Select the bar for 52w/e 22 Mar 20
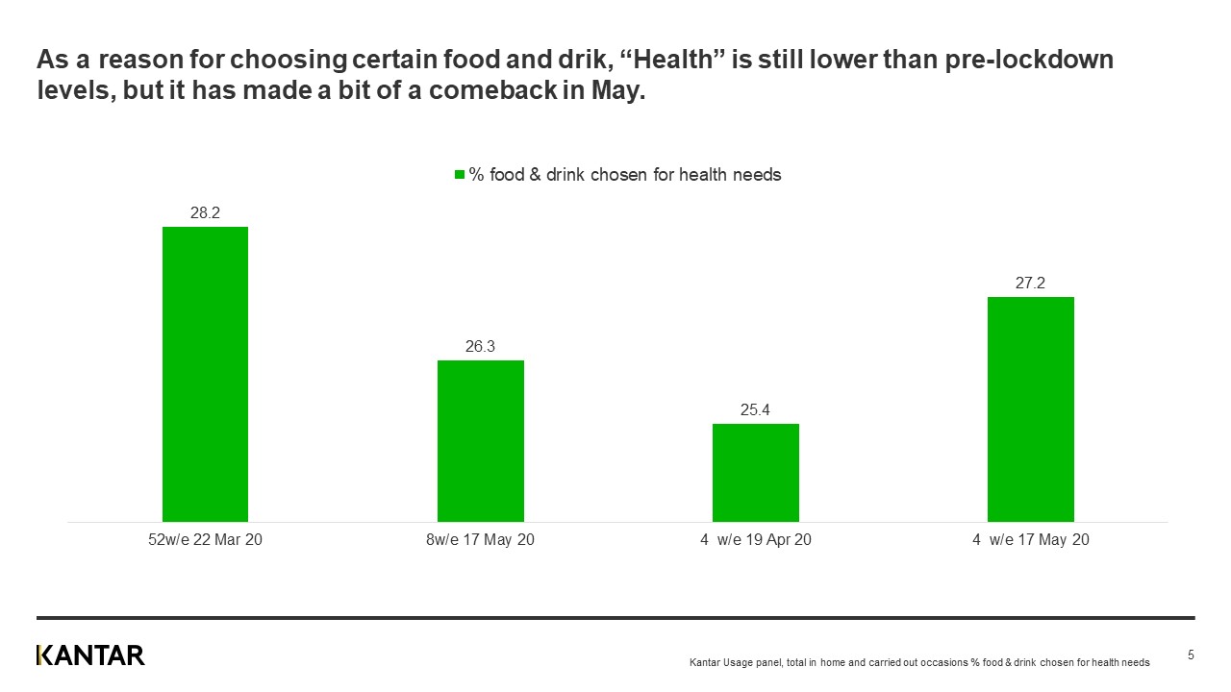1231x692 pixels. [205, 374]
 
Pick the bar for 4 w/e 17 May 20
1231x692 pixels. [1030, 408]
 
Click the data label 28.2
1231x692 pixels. [205, 213]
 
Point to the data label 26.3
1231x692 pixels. [480, 347]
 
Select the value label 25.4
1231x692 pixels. [755, 410]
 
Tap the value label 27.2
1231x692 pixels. [1030, 284]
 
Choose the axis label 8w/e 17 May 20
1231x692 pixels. [480, 540]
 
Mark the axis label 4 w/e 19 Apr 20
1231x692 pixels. [755, 540]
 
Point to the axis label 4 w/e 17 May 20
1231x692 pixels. [1030, 540]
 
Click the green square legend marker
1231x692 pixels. [459, 175]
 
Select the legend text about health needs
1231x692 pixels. [624, 175]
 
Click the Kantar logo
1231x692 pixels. [90, 655]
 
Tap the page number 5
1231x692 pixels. [1191, 655]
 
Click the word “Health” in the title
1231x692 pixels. [673, 61]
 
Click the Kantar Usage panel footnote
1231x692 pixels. [919, 663]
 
